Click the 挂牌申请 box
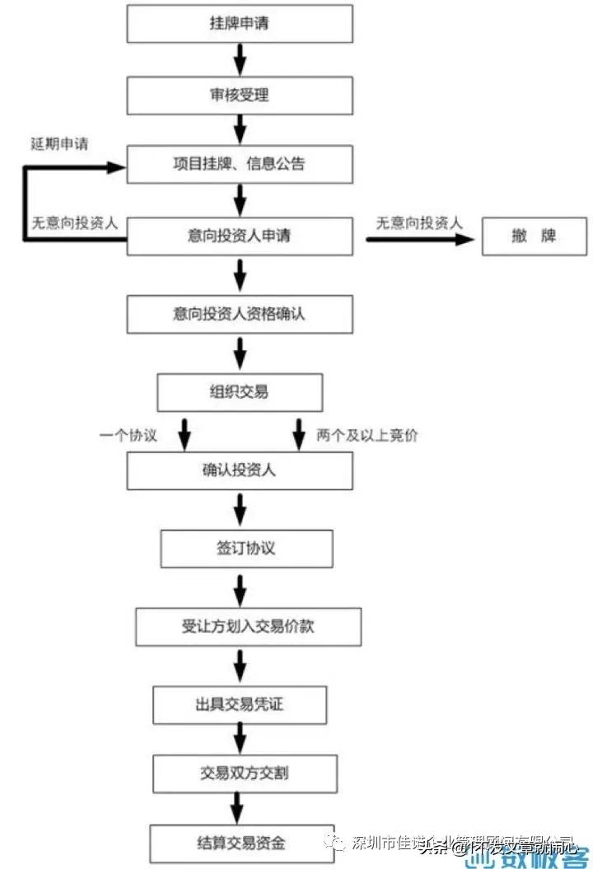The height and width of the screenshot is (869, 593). click(x=239, y=23)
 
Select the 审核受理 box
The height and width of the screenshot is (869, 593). click(x=239, y=95)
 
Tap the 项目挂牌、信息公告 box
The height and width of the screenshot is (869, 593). click(x=239, y=164)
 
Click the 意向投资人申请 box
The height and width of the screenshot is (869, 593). click(x=239, y=237)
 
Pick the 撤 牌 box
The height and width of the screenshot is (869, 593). click(x=533, y=237)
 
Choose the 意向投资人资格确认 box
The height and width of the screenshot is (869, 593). click(x=239, y=314)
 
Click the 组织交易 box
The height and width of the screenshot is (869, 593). click(x=239, y=391)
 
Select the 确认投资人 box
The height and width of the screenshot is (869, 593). click(x=239, y=471)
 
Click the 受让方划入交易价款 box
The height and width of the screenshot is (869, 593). click(x=248, y=626)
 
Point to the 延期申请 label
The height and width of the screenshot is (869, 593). click(x=60, y=143)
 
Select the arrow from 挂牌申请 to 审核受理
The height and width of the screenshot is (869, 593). click(x=240, y=58)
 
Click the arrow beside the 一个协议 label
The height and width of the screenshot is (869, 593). click(x=185, y=432)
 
